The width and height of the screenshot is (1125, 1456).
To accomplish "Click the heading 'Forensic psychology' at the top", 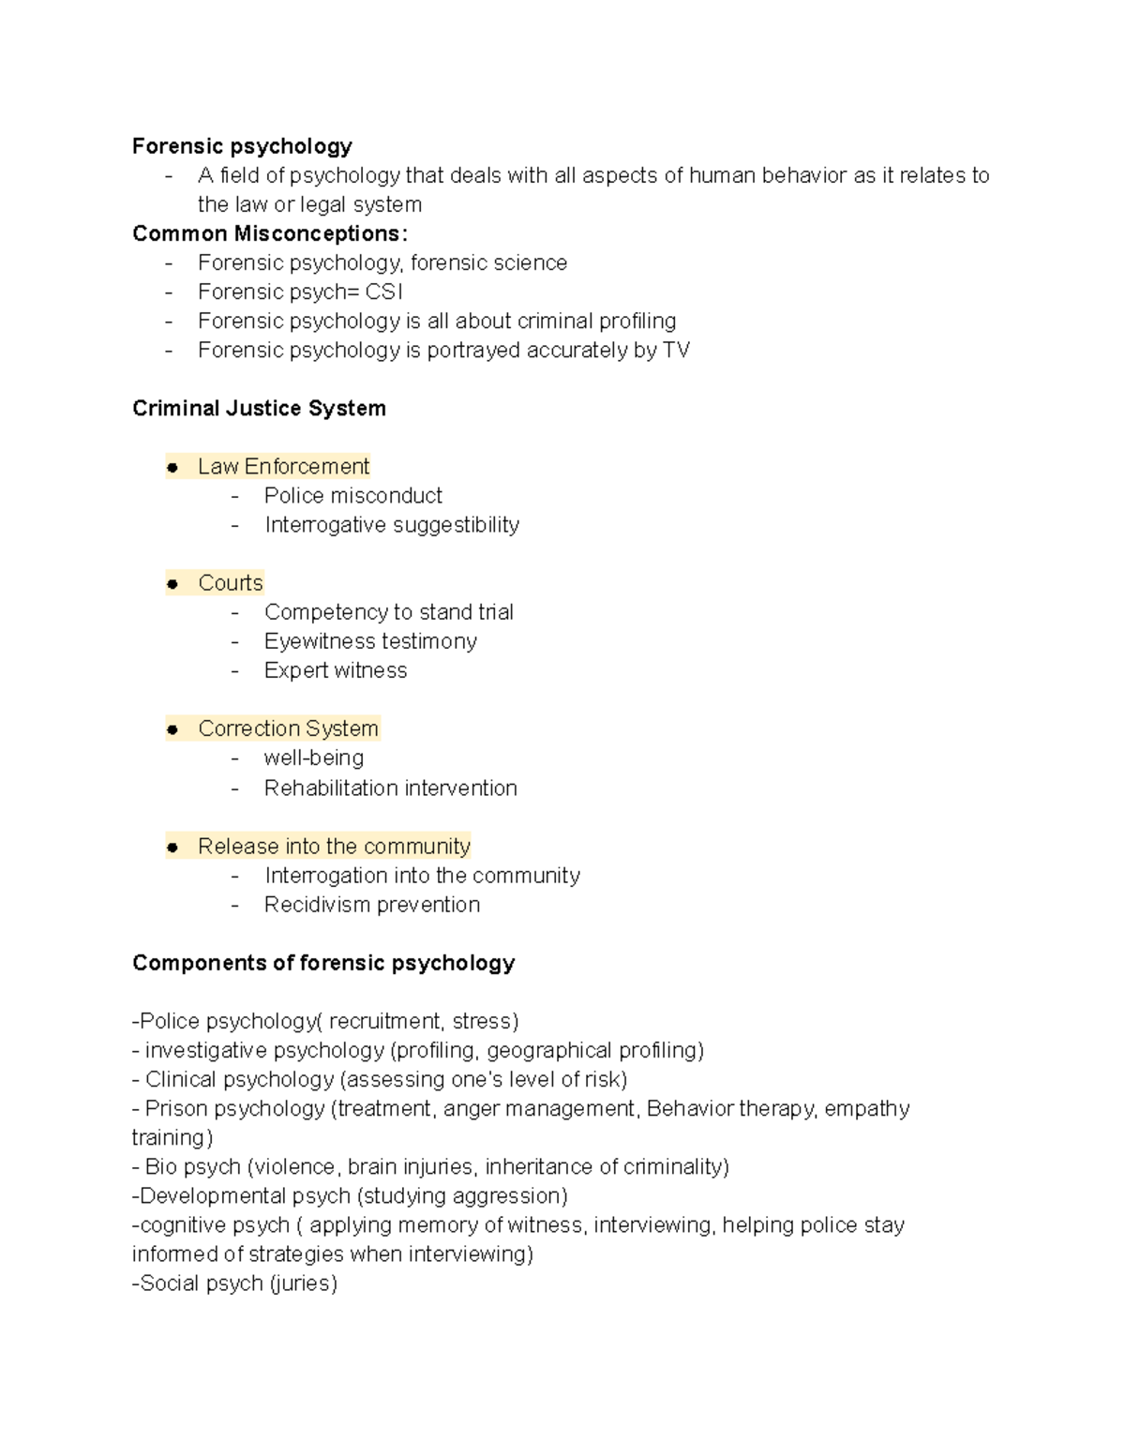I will pos(242,146).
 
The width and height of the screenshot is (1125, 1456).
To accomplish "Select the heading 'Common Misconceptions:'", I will pos(270,233).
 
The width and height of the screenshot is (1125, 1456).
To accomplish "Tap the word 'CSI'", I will pos(384,292).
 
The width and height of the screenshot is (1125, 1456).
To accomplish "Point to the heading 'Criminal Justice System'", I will pos(259,409).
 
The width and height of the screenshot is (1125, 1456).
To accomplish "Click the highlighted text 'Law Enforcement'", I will pos(283,467).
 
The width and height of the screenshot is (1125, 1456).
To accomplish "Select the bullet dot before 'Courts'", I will pos(172,584).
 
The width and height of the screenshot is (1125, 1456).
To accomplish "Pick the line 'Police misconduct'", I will pos(352,496).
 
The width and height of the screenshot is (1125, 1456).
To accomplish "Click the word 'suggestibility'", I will pos(457,525).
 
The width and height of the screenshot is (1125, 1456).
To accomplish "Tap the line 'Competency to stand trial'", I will pos(388,612).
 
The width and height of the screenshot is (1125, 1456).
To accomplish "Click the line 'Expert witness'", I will pos(335,670).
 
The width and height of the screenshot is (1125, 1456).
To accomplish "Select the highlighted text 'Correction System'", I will pos(288,728).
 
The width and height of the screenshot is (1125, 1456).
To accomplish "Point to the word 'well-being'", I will pos(313,758).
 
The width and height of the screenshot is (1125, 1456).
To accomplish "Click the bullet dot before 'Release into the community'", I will pos(172,848).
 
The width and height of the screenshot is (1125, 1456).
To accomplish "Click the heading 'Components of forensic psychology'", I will pos(323,963).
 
